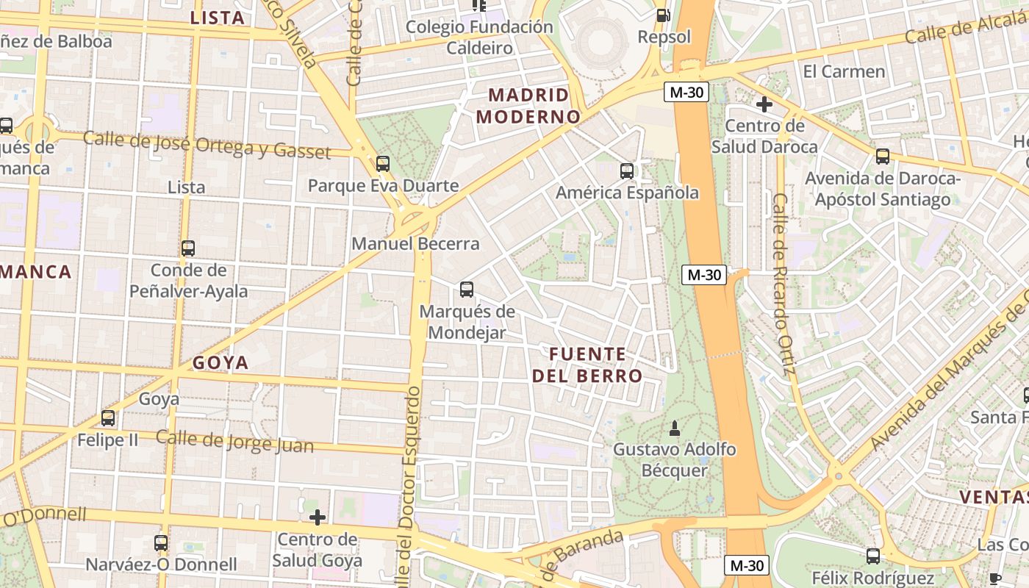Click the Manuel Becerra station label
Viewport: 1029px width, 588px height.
click(x=415, y=243)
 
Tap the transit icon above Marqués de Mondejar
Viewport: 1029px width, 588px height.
click(x=467, y=289)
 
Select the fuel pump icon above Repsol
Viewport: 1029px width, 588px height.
click(x=663, y=15)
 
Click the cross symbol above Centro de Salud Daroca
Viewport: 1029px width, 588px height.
click(x=764, y=104)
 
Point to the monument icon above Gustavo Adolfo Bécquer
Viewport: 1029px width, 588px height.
click(x=675, y=427)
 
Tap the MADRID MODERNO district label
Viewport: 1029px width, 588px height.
click(x=528, y=106)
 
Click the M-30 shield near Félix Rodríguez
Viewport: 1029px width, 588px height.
click(x=747, y=565)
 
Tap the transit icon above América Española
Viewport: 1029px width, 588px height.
click(x=627, y=171)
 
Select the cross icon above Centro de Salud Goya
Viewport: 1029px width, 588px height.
click(x=318, y=517)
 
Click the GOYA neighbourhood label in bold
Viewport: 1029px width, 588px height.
click(x=220, y=362)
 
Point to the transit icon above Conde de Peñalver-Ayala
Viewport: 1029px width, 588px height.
click(x=188, y=248)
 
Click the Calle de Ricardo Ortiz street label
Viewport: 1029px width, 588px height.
click(x=783, y=283)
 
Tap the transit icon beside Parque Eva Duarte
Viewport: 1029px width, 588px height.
click(x=382, y=164)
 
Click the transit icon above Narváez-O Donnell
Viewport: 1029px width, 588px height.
click(x=161, y=543)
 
